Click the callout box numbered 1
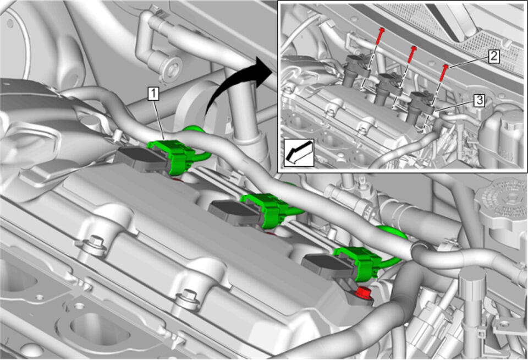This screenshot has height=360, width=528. tap(153, 94)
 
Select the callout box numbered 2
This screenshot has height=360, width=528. tap(493, 56)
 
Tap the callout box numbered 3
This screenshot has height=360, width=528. tap(479, 100)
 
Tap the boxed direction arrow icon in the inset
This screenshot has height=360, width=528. tap(299, 153)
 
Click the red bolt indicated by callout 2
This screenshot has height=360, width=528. tap(444, 73)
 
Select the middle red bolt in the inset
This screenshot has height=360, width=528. tap(411, 55)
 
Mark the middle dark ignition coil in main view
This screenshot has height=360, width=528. tap(235, 210)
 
